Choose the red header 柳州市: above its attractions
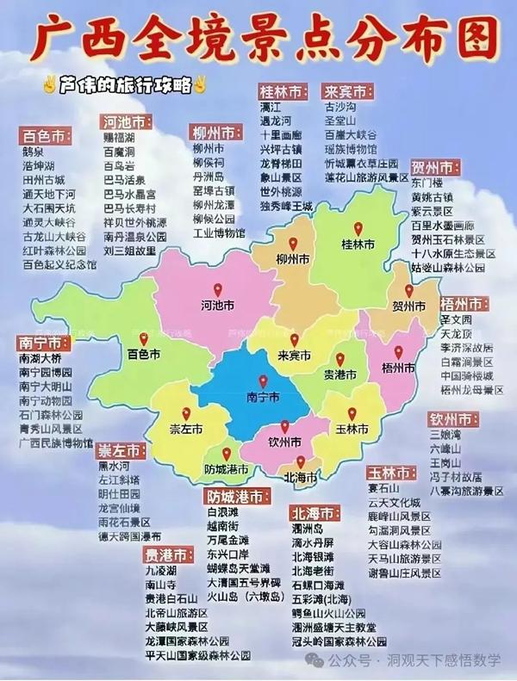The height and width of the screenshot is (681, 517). coord(215,133)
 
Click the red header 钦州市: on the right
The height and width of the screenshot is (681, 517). coord(454,419)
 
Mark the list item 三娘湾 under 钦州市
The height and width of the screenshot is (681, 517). coord(446,436)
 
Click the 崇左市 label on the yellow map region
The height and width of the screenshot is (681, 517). coord(185,428)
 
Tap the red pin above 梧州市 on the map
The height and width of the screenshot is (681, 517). coord(398,351)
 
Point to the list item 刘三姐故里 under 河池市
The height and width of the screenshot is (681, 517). coord(129,251)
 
